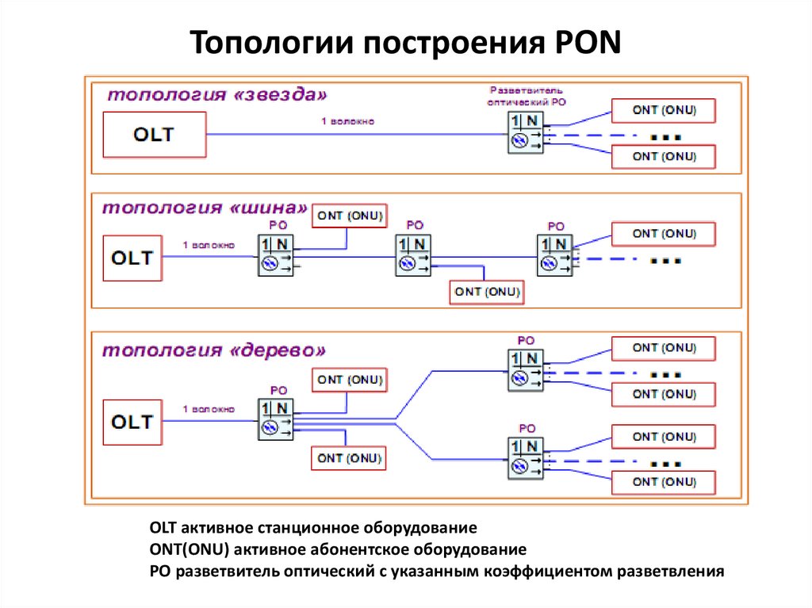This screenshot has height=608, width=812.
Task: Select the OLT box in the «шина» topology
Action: [x=132, y=258]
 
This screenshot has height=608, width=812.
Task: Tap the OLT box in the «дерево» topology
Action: [x=132, y=422]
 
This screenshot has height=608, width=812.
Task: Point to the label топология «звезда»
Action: [x=217, y=94]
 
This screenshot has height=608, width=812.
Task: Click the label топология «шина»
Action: [x=203, y=208]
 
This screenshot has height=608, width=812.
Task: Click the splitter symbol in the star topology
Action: [x=524, y=132]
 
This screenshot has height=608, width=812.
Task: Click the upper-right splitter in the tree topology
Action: [x=525, y=369]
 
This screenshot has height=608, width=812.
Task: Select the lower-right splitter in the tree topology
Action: [x=525, y=457]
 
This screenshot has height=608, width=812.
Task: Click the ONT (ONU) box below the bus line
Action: [x=487, y=292]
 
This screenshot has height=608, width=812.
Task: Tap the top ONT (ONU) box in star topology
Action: [x=664, y=111]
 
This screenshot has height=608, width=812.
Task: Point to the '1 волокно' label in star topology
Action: [x=347, y=121]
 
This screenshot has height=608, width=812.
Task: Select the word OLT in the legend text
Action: [x=163, y=527]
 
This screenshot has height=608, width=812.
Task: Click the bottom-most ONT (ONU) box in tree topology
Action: [x=664, y=482]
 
